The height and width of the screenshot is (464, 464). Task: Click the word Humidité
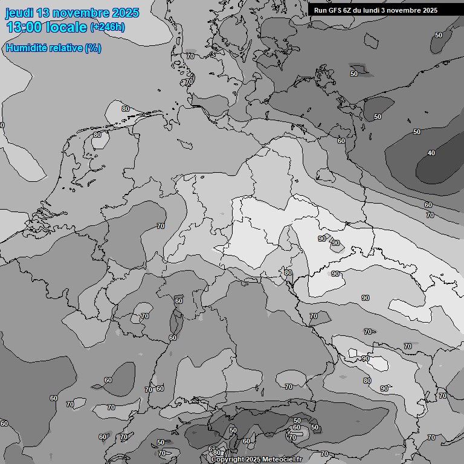click(26, 48)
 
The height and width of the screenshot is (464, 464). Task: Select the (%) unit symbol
click(93, 48)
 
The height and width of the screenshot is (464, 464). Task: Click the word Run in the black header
click(320, 10)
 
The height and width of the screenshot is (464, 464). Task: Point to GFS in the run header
click(335, 10)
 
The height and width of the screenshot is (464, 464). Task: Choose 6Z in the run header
click(349, 10)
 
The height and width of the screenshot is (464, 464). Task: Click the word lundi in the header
click(374, 10)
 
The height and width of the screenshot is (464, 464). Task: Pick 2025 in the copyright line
click(254, 460)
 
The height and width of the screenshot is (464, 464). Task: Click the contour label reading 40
click(431, 153)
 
